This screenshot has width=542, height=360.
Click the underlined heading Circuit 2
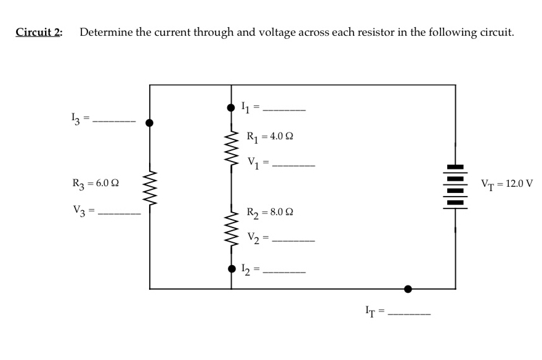(38, 33)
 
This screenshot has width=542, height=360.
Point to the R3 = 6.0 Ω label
(95, 183)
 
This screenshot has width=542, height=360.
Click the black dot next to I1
(232, 107)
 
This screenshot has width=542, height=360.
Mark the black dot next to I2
(232, 268)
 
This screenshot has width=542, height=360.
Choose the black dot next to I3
(149, 122)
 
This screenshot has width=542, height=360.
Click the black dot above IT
(408, 288)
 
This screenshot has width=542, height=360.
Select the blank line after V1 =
(293, 165)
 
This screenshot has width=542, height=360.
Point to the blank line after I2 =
(284, 271)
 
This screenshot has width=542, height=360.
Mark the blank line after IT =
(408, 316)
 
